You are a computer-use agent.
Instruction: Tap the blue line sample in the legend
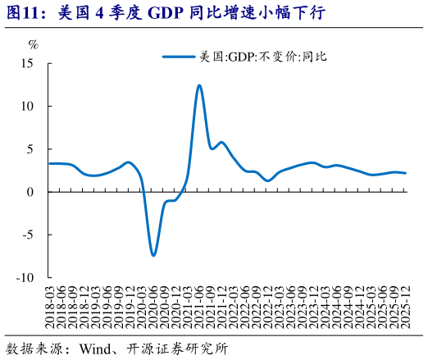pyautogui.click(x=180, y=57)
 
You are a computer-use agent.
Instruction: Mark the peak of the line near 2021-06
pyautogui.click(x=199, y=85)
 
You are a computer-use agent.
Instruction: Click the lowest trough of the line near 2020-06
pyautogui.click(x=153, y=255)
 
